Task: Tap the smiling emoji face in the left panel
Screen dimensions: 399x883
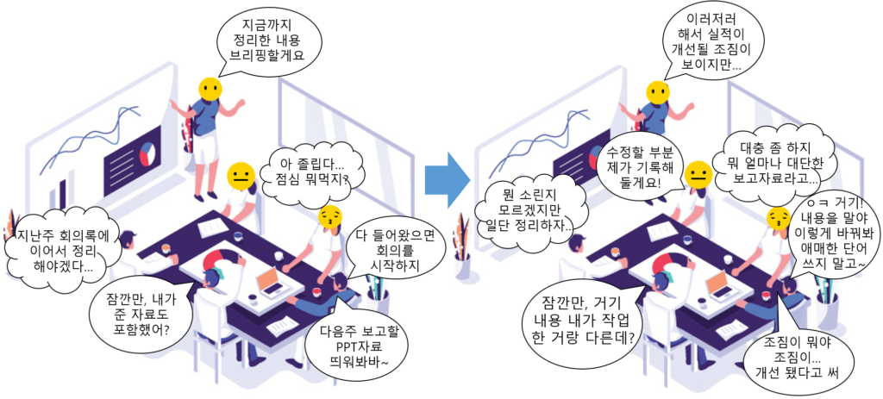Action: pos(209,89)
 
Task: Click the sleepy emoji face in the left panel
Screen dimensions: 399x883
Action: pos(329,215)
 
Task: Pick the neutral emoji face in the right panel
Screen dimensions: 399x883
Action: pos(698,177)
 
